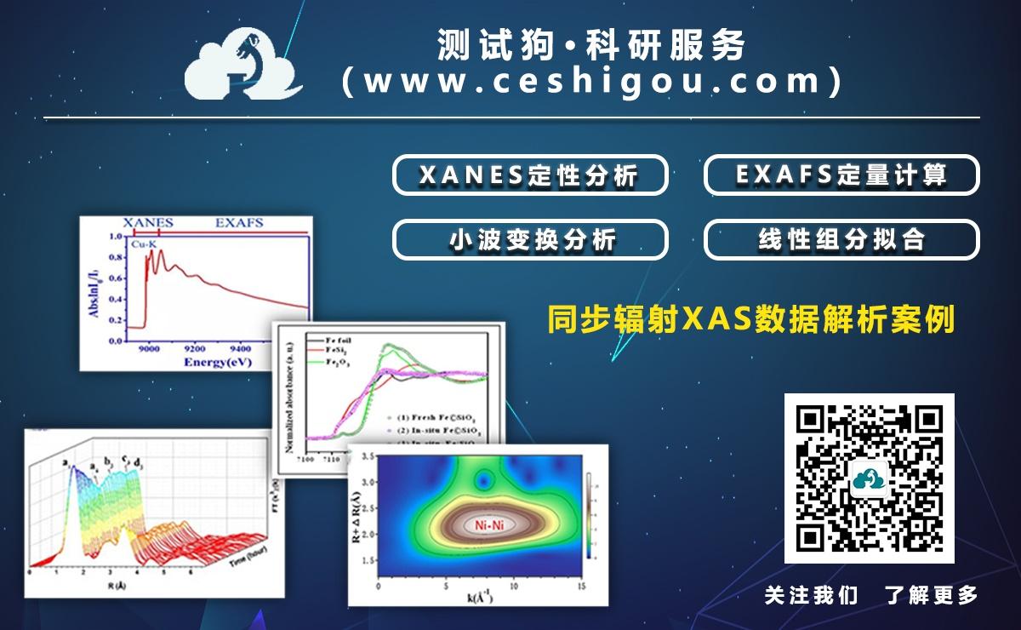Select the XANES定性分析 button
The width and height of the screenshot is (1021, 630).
pos(529,175)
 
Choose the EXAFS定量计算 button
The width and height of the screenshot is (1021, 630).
pos(841,175)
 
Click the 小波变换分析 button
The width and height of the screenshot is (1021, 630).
pos(529,240)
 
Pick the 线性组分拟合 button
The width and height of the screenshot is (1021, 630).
pos(841,240)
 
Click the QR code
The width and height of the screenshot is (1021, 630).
pos(869,478)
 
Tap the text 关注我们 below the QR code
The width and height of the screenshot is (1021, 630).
pos(811,595)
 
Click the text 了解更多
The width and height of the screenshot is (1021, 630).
pos(932,595)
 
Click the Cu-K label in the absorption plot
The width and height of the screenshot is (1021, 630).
pos(143,245)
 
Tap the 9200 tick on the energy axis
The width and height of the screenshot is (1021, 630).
pos(195,348)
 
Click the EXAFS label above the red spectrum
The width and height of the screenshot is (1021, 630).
pos(239,223)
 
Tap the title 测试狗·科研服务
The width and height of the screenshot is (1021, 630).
pos(590,45)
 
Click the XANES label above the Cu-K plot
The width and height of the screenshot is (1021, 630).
pos(148,223)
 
